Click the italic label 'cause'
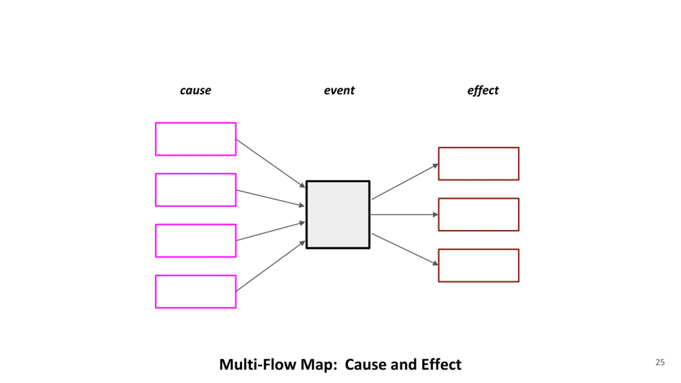tap(196, 90)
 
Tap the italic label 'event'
tap(339, 90)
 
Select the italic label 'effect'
tap(483, 90)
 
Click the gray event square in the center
tap(338, 214)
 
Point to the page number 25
tap(660, 362)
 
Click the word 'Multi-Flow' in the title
tap(258, 364)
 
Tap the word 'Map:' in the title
tap(319, 365)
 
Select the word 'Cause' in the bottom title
tap(365, 364)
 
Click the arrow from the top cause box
tap(271, 164)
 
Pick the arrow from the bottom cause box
tap(271, 266)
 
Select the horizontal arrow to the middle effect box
tap(404, 214)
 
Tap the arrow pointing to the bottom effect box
tap(405, 249)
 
